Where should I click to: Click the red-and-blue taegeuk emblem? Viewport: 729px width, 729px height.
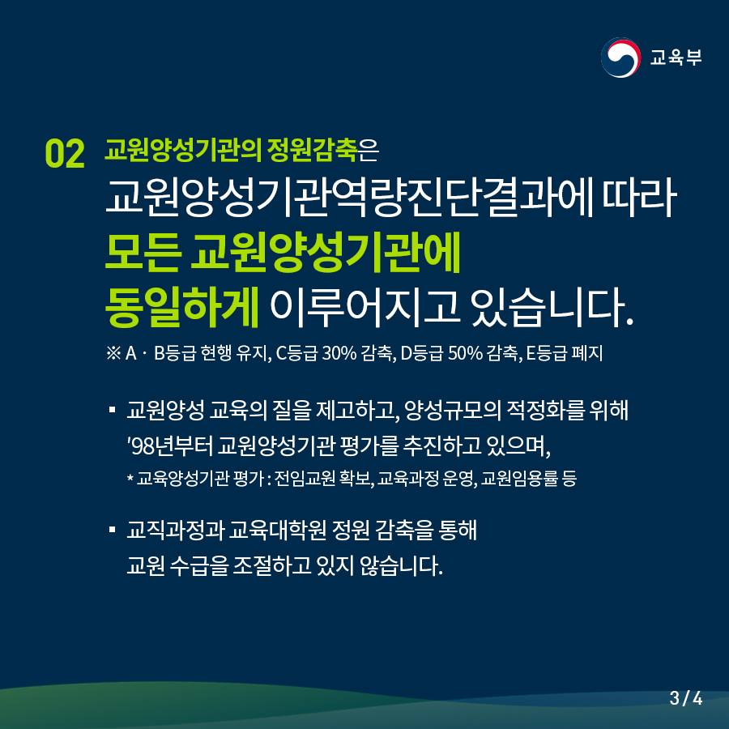(x=620, y=58)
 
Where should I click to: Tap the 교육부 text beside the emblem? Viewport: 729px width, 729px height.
(x=676, y=58)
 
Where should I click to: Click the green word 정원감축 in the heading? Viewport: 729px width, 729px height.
(x=312, y=150)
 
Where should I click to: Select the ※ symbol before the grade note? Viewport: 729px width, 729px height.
(x=113, y=354)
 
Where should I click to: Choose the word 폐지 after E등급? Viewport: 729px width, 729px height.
(x=588, y=353)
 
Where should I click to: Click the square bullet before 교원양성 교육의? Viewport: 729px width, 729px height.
(x=112, y=410)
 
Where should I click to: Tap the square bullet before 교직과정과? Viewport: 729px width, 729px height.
(x=112, y=530)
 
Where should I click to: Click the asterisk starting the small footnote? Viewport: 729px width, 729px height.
(x=130, y=477)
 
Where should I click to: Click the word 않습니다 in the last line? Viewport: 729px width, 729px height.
(x=400, y=565)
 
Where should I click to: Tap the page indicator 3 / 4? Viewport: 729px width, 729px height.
(x=686, y=698)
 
